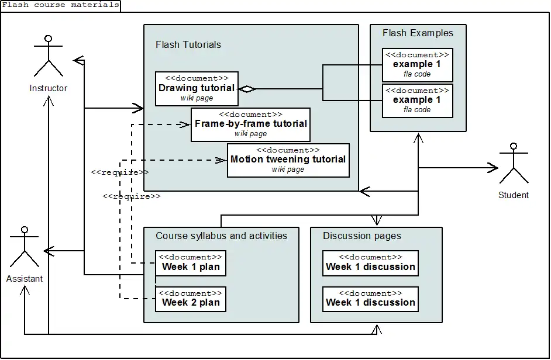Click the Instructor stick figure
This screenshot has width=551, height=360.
pos(48,57)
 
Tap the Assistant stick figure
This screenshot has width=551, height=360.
pos(24,248)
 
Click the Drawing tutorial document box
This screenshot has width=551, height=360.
pos(197,88)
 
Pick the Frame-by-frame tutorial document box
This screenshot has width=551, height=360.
pos(250,124)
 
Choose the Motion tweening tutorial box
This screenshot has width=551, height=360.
pos(288,160)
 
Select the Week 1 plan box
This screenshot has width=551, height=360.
pos(191,262)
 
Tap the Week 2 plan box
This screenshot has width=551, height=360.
pos(191,298)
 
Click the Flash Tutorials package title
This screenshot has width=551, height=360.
pos(188,44)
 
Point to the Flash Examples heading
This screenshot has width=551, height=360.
pos(418,33)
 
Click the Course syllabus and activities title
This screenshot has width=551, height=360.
pos(221,236)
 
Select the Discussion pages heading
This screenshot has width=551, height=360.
pos(362,236)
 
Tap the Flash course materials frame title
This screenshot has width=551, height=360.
pos(60,5)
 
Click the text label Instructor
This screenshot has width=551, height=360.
pos(49,88)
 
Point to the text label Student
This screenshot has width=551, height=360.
pos(514,195)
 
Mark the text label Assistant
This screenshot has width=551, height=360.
pos(25,279)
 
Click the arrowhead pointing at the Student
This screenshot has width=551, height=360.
pos(493,168)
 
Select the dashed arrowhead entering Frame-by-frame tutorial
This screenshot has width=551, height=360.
pos(185,124)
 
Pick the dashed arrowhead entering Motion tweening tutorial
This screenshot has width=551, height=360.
pos(222,160)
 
